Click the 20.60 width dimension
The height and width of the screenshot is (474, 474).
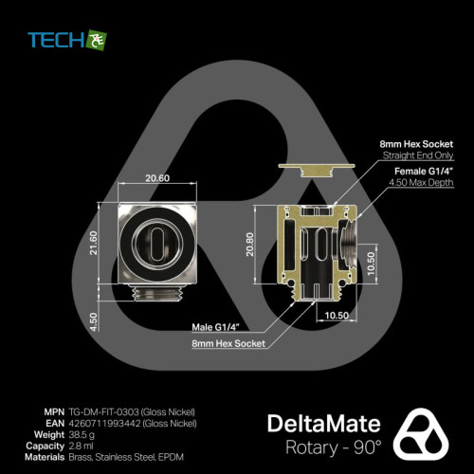click(x=157, y=178)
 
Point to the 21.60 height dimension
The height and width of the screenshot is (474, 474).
click(x=94, y=243)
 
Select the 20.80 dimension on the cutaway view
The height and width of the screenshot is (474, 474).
click(x=250, y=245)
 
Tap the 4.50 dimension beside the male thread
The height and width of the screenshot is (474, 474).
click(x=94, y=322)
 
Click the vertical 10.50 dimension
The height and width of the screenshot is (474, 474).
click(x=372, y=264)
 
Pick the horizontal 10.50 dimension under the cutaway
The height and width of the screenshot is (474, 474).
click(x=337, y=316)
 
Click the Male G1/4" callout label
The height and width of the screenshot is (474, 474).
click(x=216, y=327)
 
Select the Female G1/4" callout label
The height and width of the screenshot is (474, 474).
click(x=424, y=172)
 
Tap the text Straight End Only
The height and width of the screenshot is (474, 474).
click(x=418, y=155)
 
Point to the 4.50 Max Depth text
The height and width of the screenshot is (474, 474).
click(x=421, y=182)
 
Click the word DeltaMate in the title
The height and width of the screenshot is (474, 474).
click(x=324, y=424)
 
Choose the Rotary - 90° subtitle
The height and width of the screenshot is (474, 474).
click(x=334, y=447)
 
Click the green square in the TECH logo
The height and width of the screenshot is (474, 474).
click(x=97, y=40)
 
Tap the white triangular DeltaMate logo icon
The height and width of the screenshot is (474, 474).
click(x=421, y=433)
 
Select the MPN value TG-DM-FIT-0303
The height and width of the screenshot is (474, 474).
click(x=103, y=412)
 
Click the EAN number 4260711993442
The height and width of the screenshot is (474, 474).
click(x=104, y=423)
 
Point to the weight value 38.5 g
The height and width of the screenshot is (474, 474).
click(x=82, y=435)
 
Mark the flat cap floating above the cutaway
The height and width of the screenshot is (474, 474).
click(x=316, y=170)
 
